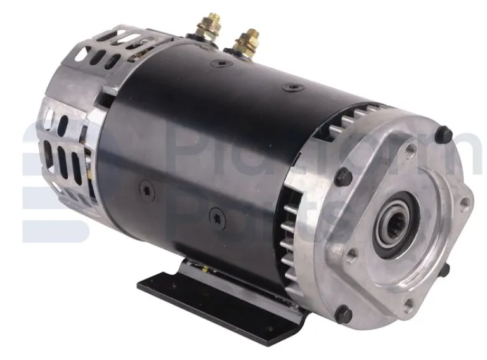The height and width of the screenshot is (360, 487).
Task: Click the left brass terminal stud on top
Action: click(207, 27)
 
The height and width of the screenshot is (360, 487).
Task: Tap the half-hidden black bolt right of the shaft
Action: click(444, 269)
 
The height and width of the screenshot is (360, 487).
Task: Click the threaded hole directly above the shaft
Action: click(411, 151)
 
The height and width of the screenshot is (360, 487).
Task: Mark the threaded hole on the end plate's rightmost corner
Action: click(466, 204)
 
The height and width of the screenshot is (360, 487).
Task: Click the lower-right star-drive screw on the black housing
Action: click(215, 215)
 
